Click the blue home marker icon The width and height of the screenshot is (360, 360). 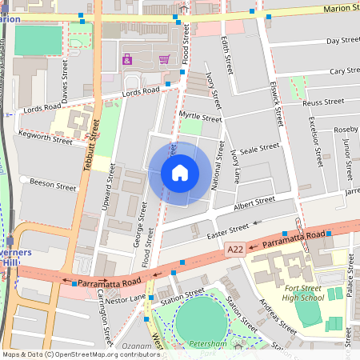click(x=180, y=173)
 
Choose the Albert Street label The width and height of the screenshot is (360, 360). click(x=254, y=202)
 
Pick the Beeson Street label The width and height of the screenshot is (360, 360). click(x=53, y=186)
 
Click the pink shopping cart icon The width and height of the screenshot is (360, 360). click(x=164, y=59)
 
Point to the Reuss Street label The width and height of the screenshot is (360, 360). click(x=322, y=102)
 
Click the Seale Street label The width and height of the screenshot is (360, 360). click(x=259, y=148)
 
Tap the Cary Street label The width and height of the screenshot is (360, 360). click(x=344, y=71)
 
